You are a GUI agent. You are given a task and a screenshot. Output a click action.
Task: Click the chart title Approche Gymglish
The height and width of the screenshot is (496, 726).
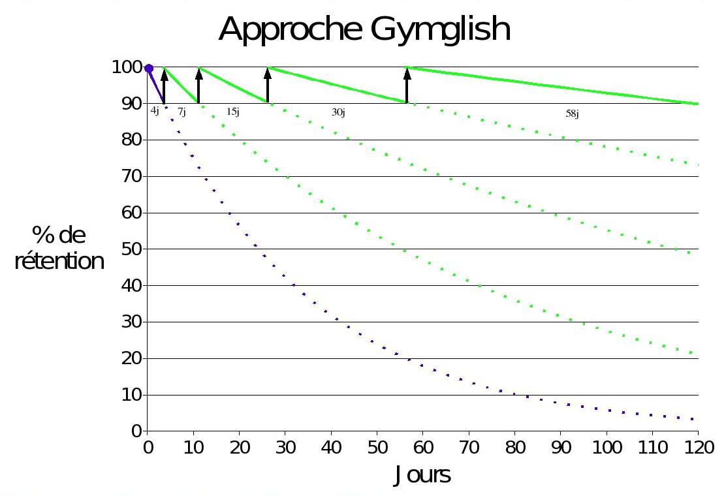click(x=364, y=30)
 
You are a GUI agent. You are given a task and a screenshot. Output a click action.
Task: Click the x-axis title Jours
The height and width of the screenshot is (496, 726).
click(x=422, y=475)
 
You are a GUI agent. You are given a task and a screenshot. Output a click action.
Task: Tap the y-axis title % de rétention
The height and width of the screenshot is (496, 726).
click(x=59, y=249)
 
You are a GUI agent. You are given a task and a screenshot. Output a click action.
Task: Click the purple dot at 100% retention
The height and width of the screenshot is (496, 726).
click(x=149, y=68)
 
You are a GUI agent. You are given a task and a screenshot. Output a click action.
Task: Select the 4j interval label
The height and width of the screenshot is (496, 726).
click(x=155, y=111)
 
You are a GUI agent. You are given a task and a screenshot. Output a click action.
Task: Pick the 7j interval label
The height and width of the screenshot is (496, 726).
click(x=181, y=112)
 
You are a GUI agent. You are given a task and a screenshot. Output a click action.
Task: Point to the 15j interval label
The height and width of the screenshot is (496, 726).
click(x=233, y=112)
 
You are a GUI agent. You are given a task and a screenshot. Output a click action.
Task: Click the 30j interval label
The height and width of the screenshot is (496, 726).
click(x=338, y=112)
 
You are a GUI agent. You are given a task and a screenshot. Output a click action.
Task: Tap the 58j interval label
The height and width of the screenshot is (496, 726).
click(x=572, y=114)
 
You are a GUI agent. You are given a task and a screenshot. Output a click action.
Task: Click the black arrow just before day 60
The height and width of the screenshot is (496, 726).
click(x=407, y=85)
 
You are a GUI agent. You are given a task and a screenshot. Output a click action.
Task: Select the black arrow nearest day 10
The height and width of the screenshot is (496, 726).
click(x=199, y=85)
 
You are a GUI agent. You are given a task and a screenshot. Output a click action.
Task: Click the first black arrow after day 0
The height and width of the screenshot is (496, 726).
click(x=165, y=85)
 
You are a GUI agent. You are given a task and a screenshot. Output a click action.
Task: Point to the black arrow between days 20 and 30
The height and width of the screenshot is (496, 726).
click(x=268, y=85)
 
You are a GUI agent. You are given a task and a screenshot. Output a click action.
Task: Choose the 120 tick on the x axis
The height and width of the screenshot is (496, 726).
click(x=698, y=449)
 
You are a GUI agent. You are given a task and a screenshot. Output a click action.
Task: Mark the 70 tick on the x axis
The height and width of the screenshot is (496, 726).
click(x=468, y=449)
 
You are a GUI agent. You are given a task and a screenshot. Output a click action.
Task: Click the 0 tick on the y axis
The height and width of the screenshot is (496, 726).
click(x=136, y=431)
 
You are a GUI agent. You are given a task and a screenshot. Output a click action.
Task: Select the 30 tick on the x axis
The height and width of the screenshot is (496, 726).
click(x=285, y=449)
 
